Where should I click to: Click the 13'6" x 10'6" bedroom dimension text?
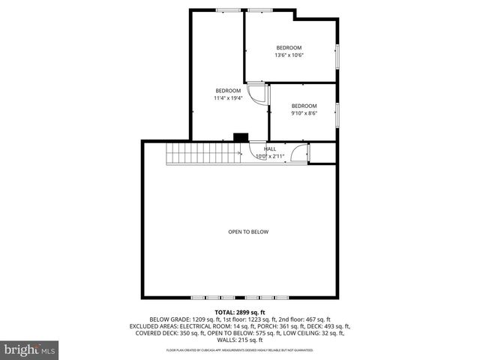(x=289, y=55)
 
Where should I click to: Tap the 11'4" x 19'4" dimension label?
(x=228, y=97)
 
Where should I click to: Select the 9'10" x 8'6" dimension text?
(x=304, y=113)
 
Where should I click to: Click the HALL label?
(x=269, y=148)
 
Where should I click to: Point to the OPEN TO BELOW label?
(x=248, y=232)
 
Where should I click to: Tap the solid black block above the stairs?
(x=241, y=137)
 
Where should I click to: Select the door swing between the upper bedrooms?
(x=259, y=94)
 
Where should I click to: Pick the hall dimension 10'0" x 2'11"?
(x=270, y=157)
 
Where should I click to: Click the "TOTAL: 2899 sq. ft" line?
(x=240, y=311)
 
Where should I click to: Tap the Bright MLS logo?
(x=29, y=349)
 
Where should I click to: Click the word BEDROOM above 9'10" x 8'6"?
(x=304, y=106)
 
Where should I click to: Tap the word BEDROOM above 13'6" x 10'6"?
(x=289, y=47)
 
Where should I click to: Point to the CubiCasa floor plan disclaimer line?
(x=240, y=350)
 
